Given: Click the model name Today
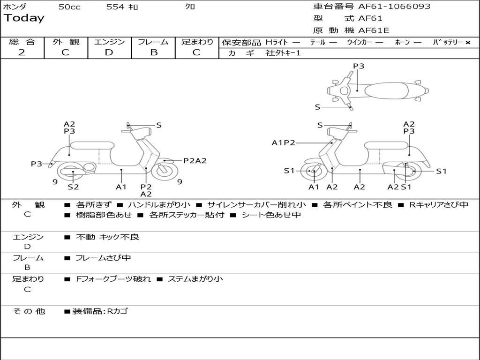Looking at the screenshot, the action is coord(24,18).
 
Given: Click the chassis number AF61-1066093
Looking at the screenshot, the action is coord(394,7).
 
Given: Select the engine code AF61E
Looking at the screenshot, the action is coord(374,30).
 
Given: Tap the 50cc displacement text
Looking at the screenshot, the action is coord(69,7).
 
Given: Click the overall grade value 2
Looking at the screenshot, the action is coord(22,52).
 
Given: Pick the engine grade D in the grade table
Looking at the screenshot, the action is coord(109,52).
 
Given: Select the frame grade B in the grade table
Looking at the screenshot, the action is coord(153,52).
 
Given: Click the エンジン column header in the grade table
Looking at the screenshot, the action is coord(109,42).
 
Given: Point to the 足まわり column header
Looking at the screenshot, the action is coord(197,42).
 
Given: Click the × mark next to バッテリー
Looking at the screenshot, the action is coord(467,43).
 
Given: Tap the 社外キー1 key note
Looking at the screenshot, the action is coord(283,53).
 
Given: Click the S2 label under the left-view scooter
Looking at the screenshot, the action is coord(73,187).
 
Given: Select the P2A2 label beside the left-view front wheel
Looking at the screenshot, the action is coord(195,161).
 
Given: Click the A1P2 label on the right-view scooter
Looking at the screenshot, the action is coord(284,142).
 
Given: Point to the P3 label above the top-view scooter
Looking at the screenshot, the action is coord(359,66).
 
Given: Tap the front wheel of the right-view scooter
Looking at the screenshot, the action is coord(313,172).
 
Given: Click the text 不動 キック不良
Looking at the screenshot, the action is coord(107,237).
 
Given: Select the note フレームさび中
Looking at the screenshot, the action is coord(103,258).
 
